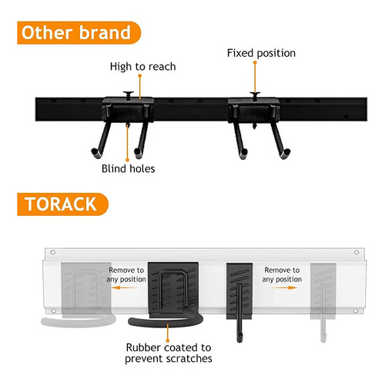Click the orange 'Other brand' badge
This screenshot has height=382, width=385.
pyautogui.click(x=79, y=33)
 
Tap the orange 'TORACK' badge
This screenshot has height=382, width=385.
pyautogui.click(x=62, y=204)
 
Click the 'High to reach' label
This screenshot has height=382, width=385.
pyautogui.click(x=143, y=67)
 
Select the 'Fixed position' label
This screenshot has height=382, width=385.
pyautogui.click(x=261, y=53)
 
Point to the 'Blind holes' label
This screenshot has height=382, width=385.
pyautogui.click(x=129, y=169)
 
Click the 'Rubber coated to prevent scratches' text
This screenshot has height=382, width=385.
pyautogui.click(x=169, y=353)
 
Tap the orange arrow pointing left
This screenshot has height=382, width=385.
pyautogui.click(x=125, y=287)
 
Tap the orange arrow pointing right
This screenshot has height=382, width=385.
pyautogui.click(x=284, y=287)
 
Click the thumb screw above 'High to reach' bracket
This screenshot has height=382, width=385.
pyautogui.click(x=129, y=95)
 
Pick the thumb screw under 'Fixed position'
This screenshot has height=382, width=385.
pyautogui.click(x=255, y=95)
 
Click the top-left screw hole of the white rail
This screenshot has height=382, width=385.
pyautogui.click(x=53, y=252)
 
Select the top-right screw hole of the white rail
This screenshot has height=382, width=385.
pyautogui.click(x=357, y=252)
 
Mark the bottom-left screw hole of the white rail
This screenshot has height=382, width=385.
pyautogui.click(x=54, y=311)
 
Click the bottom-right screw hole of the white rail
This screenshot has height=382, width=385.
pyautogui.click(x=356, y=311)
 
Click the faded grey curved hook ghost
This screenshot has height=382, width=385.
pyautogui.click(x=79, y=321)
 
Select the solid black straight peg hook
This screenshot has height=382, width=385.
pyautogui.click(x=239, y=313)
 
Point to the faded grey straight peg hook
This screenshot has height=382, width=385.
pyautogui.click(x=323, y=313)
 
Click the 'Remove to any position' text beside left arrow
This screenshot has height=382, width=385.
pyautogui.click(x=126, y=274)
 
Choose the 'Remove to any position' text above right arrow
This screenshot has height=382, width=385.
pyautogui.click(x=282, y=274)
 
